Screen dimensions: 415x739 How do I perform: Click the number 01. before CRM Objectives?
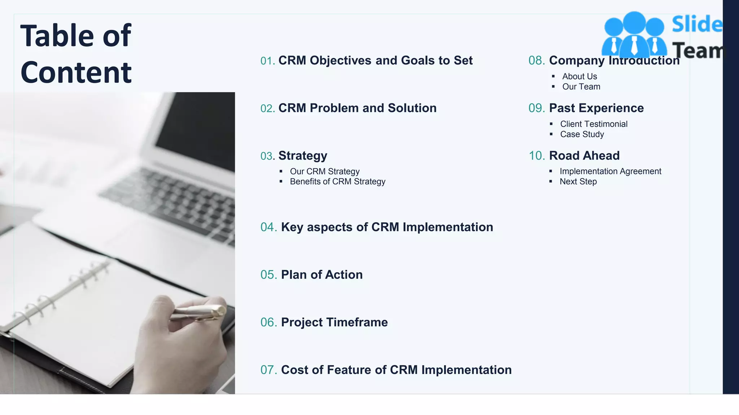(267, 61)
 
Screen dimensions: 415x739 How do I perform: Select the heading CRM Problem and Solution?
(357, 108)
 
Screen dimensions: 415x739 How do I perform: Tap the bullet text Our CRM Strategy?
(324, 171)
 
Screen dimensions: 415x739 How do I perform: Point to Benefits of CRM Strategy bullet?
(337, 182)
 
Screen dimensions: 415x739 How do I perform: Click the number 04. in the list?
(268, 227)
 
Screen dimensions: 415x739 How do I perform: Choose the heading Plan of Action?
(322, 275)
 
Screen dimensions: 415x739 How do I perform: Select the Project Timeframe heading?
(334, 322)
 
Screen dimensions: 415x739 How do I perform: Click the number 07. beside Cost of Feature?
(268, 370)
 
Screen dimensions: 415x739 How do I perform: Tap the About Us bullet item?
(579, 76)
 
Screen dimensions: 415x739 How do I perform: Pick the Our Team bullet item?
(581, 87)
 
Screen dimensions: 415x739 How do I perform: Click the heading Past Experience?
(596, 108)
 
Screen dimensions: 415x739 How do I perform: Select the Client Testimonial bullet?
(594, 124)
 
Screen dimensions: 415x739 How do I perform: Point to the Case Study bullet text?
(582, 134)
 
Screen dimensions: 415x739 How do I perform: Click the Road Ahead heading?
(584, 156)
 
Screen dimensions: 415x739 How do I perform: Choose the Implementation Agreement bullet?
(610, 171)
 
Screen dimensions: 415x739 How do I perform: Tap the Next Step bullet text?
(578, 182)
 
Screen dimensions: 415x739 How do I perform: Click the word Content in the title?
(76, 73)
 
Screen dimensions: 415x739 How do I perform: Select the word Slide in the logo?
(697, 24)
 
